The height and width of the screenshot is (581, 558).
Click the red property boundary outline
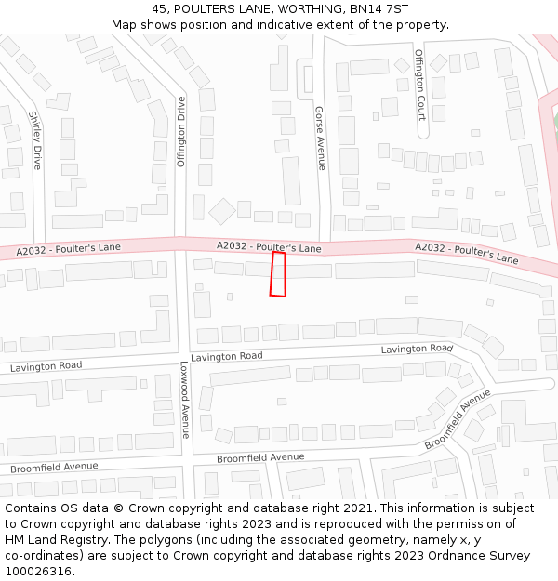[277, 274]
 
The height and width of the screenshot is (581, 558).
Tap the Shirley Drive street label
[35, 139]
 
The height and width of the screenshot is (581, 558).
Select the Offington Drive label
[181, 130]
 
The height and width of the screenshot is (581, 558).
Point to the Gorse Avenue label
[321, 138]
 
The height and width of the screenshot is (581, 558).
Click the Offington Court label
[420, 85]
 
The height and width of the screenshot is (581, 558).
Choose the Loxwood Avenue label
[184, 400]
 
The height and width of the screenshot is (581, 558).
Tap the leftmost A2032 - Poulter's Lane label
[69, 249]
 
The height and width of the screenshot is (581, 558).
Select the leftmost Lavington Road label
[46, 367]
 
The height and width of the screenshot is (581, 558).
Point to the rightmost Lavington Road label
[417, 349]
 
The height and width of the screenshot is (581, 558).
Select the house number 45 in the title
[160, 8]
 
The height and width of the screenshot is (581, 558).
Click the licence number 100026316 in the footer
[37, 571]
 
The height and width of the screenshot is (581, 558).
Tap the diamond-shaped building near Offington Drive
[222, 211]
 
